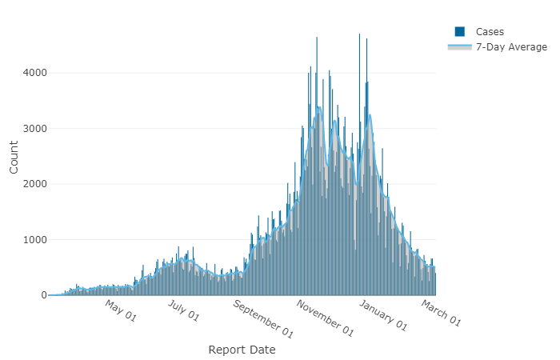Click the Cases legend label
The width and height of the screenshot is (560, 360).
(x=490, y=31)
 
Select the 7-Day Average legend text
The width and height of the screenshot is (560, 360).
(x=511, y=47)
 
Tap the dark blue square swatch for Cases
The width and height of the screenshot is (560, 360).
(x=460, y=31)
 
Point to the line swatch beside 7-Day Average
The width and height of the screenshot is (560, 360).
(x=460, y=47)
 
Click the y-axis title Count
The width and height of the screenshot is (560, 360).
(x=14, y=157)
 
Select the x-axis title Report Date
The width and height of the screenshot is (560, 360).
(x=242, y=350)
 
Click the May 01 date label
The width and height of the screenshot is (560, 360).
(x=121, y=312)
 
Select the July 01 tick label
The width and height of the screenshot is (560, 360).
(x=183, y=312)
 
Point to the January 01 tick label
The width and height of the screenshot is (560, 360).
(x=382, y=315)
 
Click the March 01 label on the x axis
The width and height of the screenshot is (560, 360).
(x=441, y=312)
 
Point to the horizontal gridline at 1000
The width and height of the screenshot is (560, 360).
(x=160, y=239)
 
